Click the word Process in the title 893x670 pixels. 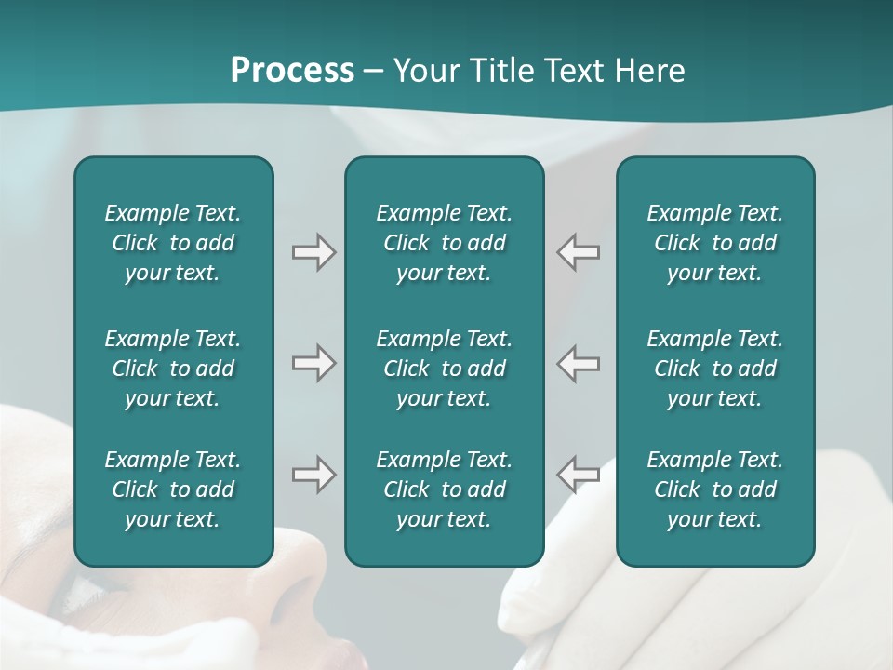pyautogui.click(x=292, y=71)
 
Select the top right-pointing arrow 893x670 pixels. pyautogui.click(x=313, y=252)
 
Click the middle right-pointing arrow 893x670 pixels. pyautogui.click(x=313, y=363)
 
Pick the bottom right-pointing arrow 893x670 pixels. pyautogui.click(x=313, y=475)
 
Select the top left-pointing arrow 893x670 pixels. pyautogui.click(x=578, y=252)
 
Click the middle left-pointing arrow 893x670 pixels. pyautogui.click(x=578, y=363)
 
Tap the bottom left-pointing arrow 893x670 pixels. pyautogui.click(x=578, y=475)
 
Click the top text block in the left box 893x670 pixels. pyautogui.click(x=173, y=243)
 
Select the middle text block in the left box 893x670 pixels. pyautogui.click(x=173, y=368)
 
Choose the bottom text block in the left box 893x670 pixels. pyautogui.click(x=173, y=489)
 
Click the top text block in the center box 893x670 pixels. pyautogui.click(x=444, y=243)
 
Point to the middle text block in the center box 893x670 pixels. pyautogui.click(x=444, y=368)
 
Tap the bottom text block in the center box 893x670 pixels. pyautogui.click(x=444, y=489)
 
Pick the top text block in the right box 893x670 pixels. pyautogui.click(x=714, y=243)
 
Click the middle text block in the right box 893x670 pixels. pyautogui.click(x=714, y=368)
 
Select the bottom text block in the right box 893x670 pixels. pyautogui.click(x=714, y=489)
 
